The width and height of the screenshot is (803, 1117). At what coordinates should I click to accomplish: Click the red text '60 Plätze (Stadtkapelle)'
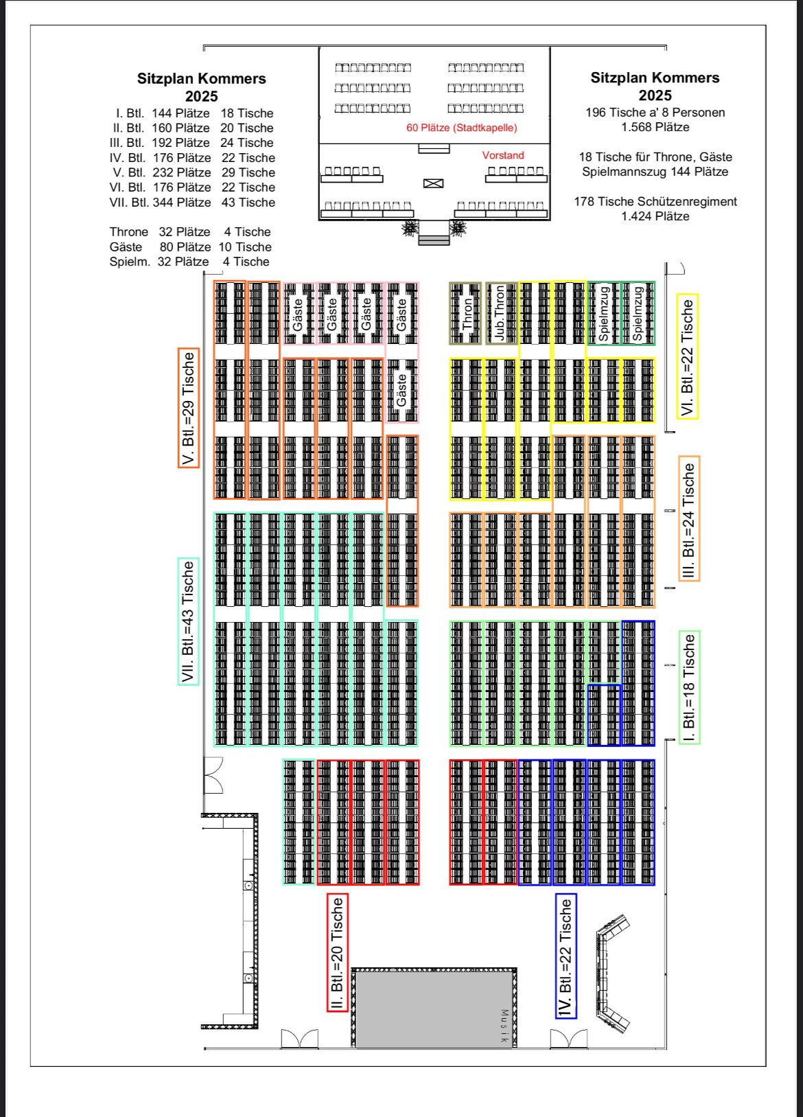click(462, 128)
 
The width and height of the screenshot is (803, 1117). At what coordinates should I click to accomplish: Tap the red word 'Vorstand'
click(503, 155)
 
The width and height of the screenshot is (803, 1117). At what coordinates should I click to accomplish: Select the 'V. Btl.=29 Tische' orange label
click(189, 408)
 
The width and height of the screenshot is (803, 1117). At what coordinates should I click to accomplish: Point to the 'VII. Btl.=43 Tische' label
click(189, 621)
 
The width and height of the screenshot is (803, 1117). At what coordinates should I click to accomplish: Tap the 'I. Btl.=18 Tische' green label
click(689, 688)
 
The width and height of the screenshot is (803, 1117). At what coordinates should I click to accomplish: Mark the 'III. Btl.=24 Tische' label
click(689, 518)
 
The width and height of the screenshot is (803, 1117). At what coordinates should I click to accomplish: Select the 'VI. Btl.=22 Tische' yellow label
click(688, 356)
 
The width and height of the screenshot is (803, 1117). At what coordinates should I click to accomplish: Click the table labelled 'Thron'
click(465, 313)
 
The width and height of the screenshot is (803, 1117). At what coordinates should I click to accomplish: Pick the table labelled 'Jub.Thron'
click(500, 313)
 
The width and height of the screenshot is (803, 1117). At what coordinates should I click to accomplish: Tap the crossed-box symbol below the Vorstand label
click(433, 183)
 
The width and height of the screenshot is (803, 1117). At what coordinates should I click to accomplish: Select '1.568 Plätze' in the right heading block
click(655, 127)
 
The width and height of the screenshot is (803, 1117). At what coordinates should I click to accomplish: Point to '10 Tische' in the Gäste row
click(245, 247)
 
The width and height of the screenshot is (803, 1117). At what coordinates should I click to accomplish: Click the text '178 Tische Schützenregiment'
click(655, 201)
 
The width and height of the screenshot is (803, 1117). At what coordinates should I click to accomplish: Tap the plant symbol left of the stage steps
click(410, 229)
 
